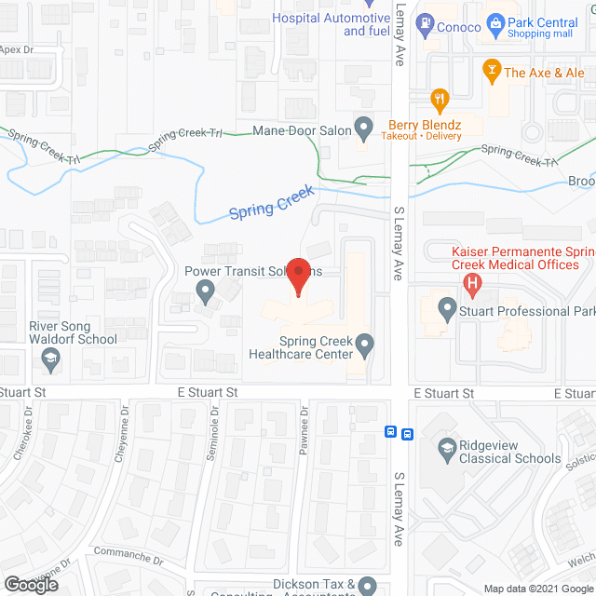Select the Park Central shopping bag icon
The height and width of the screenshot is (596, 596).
[496, 22]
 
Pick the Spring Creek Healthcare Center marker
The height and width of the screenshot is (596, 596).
[366, 345]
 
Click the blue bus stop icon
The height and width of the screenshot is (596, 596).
[400, 432]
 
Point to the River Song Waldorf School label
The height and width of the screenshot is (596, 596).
[74, 332]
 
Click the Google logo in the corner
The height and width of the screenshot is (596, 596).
[30, 585]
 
